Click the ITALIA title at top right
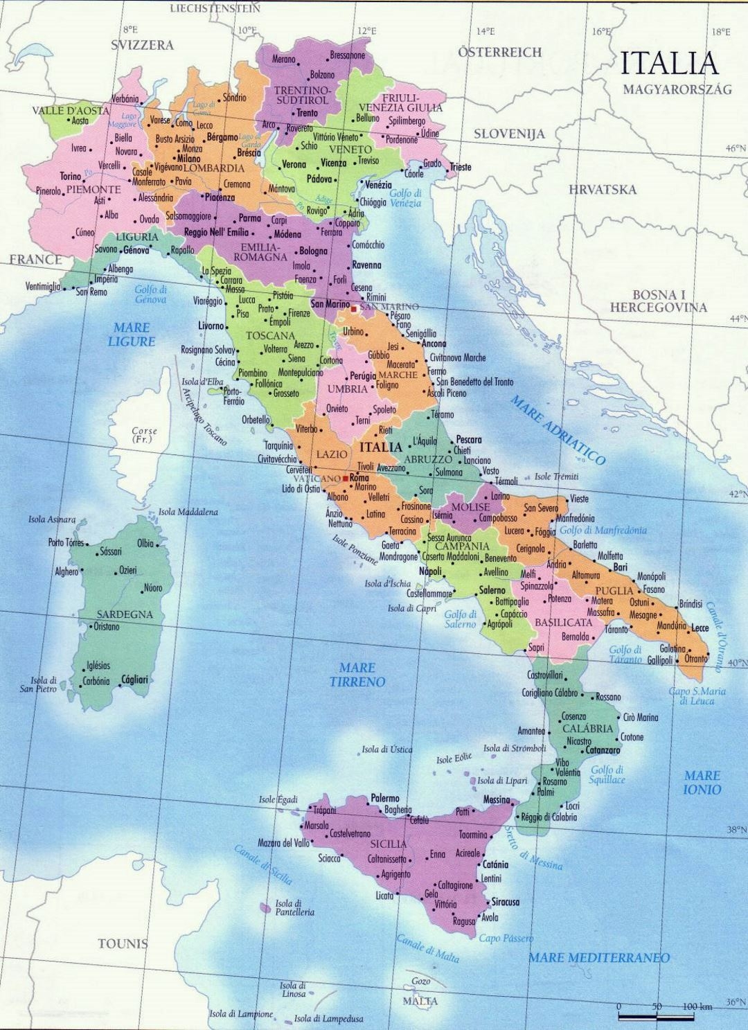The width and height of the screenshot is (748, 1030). pos(669,63)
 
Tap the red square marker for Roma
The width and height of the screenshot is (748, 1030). pos(345,478)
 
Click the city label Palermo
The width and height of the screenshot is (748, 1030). pos(385,798)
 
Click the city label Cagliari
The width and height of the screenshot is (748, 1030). pos(135,680)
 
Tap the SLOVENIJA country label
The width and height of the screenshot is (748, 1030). pos(509,134)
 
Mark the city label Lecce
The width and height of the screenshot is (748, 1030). pos(700,628)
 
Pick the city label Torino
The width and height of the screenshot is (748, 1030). pos(71,176)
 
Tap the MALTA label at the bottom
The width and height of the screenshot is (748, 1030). pos(422,1002)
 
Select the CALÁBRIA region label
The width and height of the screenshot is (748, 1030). pos(587,729)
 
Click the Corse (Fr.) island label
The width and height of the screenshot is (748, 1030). pos(144,435)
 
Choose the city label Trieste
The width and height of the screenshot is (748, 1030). pos(460,167)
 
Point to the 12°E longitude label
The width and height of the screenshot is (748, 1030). pos(367,31)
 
